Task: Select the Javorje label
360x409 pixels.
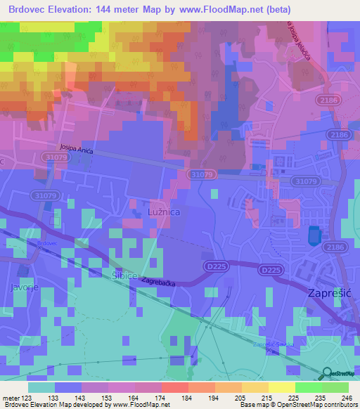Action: pos(21,287)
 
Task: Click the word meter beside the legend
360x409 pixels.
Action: pos(10,397)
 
